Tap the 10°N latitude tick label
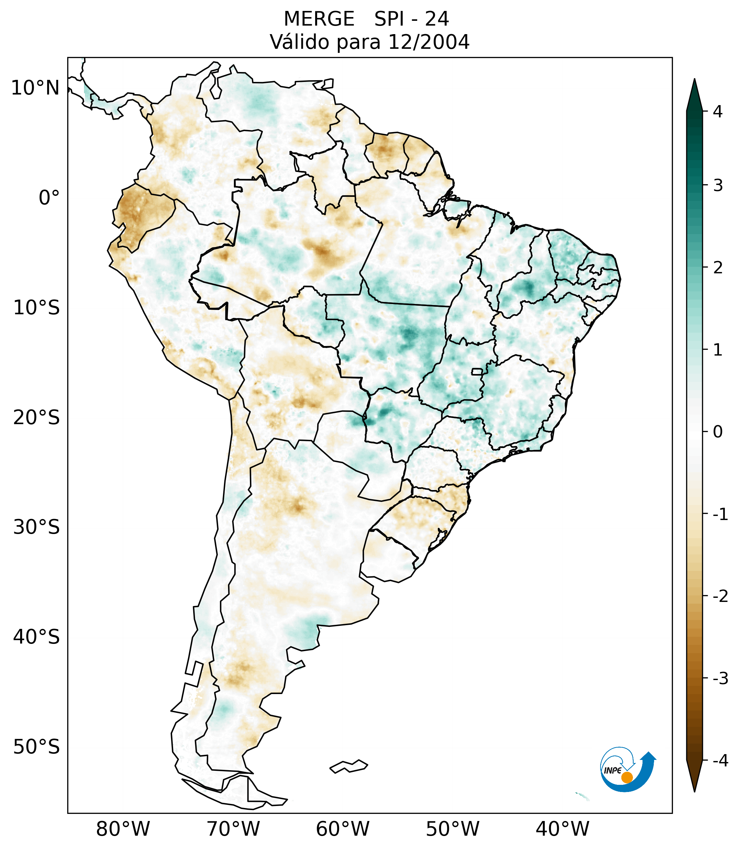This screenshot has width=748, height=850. tap(36, 88)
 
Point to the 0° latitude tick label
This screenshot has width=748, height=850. tap(49, 198)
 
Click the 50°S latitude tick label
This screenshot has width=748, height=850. tap(37, 747)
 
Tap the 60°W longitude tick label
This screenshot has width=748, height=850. tap(342, 829)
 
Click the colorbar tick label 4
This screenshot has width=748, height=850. tap(718, 112)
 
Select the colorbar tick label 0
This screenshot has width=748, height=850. tap(718, 432)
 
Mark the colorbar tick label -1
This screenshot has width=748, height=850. tap(720, 515)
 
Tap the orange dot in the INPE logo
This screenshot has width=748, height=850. tap(626, 777)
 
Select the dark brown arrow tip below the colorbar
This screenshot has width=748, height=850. tap(694, 782)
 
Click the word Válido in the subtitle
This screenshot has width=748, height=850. tap(299, 42)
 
